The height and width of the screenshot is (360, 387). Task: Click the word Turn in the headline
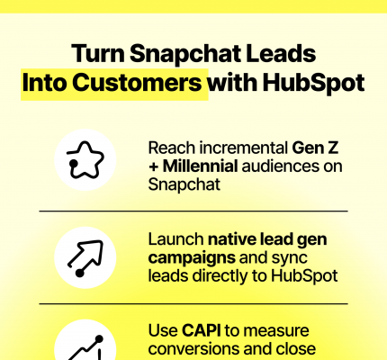tap(98, 53)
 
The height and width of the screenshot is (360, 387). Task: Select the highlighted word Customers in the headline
tap(137, 82)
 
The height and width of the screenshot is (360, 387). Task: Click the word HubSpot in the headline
tap(313, 84)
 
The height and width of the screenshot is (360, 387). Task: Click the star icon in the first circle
tap(85, 160)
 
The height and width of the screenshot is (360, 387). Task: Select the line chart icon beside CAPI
tap(85, 348)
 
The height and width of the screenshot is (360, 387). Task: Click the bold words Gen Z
tap(315, 148)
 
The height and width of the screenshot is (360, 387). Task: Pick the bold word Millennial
tap(201, 166)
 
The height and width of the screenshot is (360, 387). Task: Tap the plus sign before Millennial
tap(153, 167)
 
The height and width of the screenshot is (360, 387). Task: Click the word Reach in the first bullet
tap(172, 148)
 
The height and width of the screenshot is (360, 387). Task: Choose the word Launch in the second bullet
tap(176, 239)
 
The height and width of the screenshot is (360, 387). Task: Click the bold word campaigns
tap(192, 258)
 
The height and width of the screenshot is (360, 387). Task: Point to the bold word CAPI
tap(202, 330)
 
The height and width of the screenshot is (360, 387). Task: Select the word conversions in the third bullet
tap(193, 348)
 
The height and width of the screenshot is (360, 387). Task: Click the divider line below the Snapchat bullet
tap(193, 211)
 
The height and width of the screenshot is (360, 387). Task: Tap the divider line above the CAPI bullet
tap(193, 304)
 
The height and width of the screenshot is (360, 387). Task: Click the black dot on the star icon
tap(73, 163)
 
